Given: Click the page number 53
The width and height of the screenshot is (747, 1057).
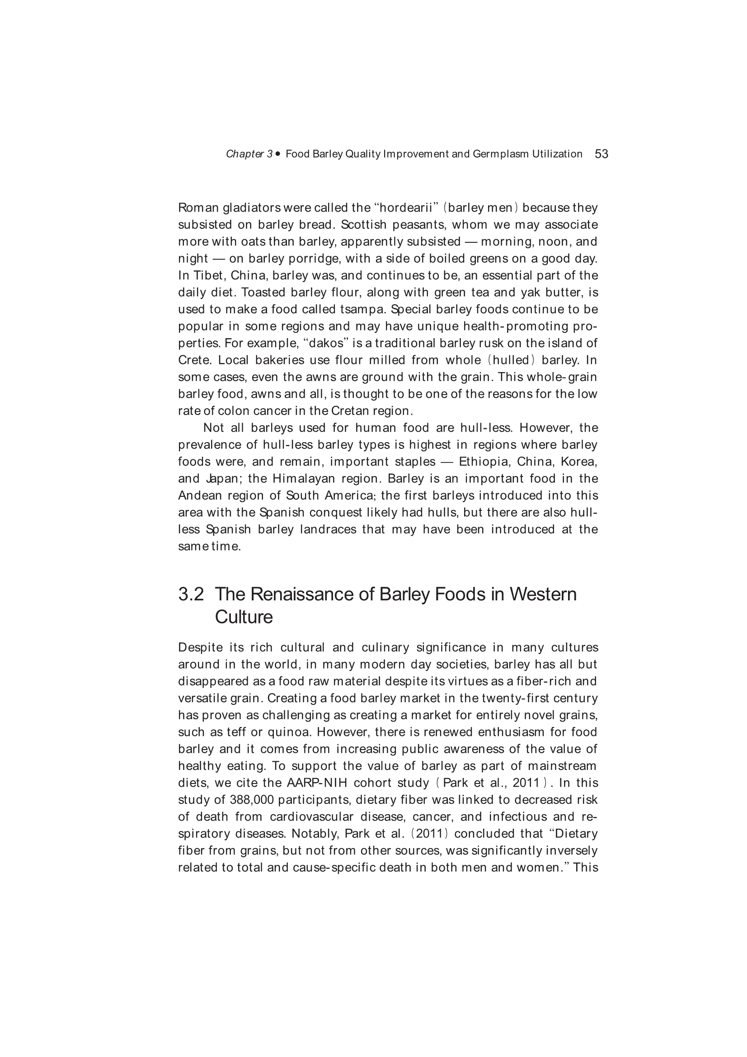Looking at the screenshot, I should (x=601, y=154).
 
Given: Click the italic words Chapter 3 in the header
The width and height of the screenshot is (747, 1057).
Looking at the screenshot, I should (x=249, y=154).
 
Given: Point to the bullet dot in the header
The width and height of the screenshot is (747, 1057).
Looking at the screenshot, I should (x=277, y=154).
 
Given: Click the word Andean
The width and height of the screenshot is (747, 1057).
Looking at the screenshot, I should (x=200, y=495).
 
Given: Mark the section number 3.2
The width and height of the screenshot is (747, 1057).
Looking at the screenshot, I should (x=191, y=595).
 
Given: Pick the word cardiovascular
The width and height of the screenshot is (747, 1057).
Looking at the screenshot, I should (x=312, y=816).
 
